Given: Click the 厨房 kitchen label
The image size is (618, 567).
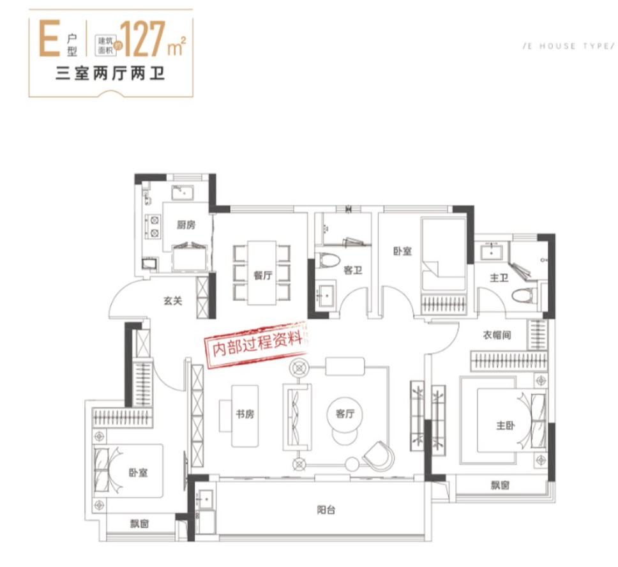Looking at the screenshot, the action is click(x=186, y=225).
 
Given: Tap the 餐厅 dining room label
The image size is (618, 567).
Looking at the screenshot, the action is click(x=263, y=275).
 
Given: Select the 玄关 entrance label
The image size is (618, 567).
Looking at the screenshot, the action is click(x=172, y=301).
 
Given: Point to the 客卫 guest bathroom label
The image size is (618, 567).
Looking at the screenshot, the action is click(x=353, y=270).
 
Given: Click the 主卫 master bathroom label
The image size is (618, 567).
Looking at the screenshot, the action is click(x=499, y=278).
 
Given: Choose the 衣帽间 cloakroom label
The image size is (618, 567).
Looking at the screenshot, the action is click(x=497, y=335).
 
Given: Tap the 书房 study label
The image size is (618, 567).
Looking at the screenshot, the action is click(x=245, y=414).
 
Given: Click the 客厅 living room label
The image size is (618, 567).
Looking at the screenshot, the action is click(x=345, y=414).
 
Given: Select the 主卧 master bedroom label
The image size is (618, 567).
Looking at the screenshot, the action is click(x=505, y=425).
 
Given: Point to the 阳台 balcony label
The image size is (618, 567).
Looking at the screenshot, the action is click(x=326, y=510).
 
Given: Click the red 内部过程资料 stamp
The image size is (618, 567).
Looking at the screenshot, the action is click(x=256, y=344).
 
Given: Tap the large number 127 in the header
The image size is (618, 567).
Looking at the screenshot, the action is click(x=142, y=40).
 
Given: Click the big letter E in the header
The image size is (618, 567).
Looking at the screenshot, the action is click(x=49, y=39).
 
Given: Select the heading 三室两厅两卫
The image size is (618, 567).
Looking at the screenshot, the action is click(x=110, y=73).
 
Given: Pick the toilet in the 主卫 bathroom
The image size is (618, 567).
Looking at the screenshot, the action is click(x=524, y=296).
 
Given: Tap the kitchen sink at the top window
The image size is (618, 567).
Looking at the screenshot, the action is click(x=183, y=193).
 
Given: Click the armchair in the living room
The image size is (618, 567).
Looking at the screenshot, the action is click(x=379, y=455).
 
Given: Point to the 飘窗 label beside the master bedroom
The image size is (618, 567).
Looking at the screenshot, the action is click(x=500, y=485).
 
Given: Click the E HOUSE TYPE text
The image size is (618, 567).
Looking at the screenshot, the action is click(x=569, y=46).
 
